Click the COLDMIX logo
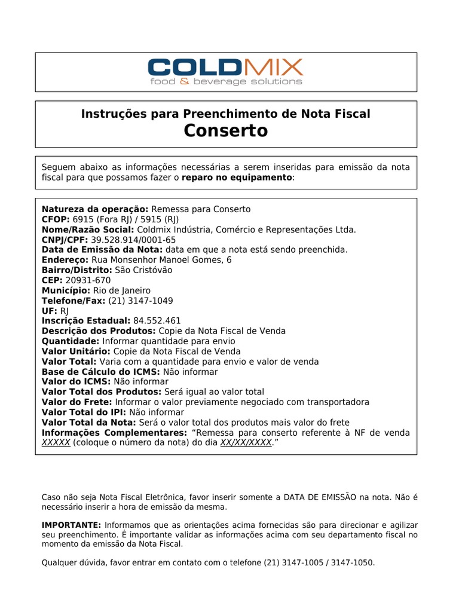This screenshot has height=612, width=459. [226, 66]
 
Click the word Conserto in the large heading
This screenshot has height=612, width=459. [226, 131]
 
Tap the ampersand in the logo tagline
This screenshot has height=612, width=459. [184, 81]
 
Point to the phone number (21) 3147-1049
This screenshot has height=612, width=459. [133, 300]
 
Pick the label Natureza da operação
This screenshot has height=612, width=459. [95, 209]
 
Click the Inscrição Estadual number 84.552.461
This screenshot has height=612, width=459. [157, 320]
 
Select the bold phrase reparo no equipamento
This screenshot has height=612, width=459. [237, 178]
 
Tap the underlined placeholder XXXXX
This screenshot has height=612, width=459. [56, 442]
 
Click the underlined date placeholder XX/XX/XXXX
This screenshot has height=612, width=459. [246, 442]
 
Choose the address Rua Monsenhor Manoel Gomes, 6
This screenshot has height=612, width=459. [161, 259]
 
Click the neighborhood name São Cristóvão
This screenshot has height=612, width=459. [143, 270]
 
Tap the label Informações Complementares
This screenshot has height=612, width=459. [113, 432]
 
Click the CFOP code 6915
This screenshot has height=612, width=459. [84, 219]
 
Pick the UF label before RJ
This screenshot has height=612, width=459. [49, 310]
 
